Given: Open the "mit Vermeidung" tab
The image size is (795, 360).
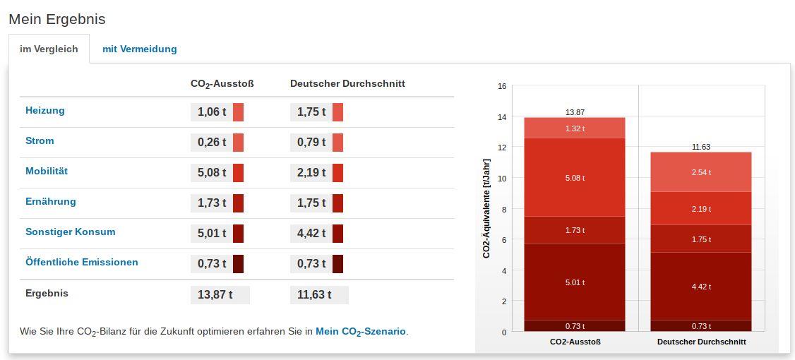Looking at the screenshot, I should point(139,49).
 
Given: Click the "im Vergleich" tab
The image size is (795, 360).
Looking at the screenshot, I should point(49,49).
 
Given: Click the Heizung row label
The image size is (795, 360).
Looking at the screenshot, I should point(45,111).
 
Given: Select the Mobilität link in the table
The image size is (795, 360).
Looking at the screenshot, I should point(47,172).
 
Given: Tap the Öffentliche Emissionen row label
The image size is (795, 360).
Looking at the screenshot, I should point(82,263).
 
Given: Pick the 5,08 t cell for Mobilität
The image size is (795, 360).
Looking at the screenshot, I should point(211,173).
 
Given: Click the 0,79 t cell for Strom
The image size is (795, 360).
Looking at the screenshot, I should point(311,143).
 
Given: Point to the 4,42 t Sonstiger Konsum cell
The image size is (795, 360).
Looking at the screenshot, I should point(311,234).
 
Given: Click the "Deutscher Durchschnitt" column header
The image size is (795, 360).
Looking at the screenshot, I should point(347,83).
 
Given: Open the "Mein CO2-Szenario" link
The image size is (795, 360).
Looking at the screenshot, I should point(361,331).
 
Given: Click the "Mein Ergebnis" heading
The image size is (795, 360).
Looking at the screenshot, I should point(57,19).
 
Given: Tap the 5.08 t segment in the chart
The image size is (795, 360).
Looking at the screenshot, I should point(575,177).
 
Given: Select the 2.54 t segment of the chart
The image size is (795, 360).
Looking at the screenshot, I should point(701,172).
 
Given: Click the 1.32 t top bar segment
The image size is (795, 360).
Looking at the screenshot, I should point(575,128).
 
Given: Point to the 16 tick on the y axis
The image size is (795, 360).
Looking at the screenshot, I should point(502,86).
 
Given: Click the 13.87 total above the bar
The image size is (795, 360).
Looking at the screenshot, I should point(575,112).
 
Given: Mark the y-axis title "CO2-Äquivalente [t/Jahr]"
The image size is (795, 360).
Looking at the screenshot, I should point(486,209).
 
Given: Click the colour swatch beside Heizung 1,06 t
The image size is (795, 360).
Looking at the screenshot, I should point(238,112).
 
